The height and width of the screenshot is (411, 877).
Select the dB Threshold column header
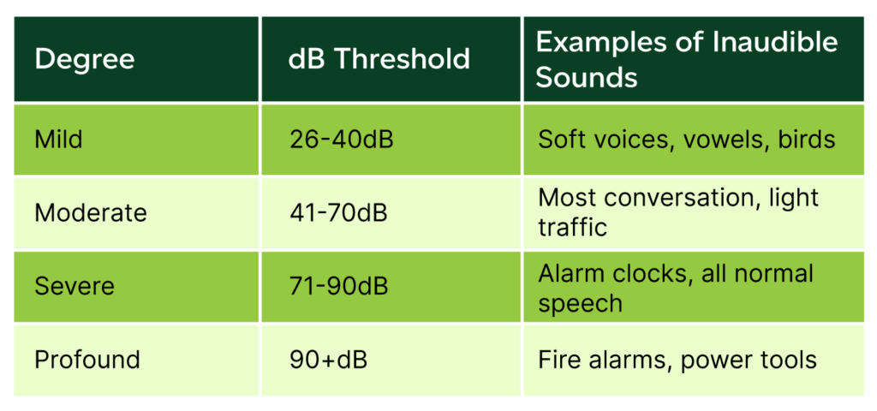point(379,59)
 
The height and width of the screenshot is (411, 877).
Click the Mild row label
point(58,140)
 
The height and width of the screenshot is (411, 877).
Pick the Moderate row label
point(91,213)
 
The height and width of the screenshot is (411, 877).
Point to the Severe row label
point(75,286)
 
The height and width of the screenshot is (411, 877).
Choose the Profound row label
point(87,360)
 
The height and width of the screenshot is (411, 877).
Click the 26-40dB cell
point(341,140)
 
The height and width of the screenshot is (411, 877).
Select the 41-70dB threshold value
point(338,213)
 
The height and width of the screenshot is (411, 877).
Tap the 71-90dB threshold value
point(338,286)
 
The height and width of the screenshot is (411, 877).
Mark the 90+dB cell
point(328,360)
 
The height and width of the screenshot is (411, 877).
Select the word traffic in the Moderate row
point(572,228)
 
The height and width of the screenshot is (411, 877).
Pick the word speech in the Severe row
point(580,303)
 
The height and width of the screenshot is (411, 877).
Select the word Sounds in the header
point(587,78)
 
